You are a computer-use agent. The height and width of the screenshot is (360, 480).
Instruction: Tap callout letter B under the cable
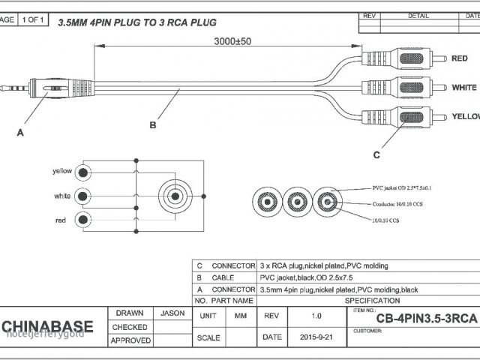pyautogui.click(x=153, y=124)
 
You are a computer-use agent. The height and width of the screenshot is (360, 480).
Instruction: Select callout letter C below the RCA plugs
pyautogui.click(x=376, y=154)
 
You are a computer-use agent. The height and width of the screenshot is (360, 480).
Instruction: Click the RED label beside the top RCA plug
pyautogui.click(x=459, y=58)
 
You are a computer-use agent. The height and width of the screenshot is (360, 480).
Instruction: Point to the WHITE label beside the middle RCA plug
pyautogui.click(x=464, y=88)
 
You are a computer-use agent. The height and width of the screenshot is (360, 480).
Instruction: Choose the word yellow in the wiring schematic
pyautogui.click(x=62, y=171)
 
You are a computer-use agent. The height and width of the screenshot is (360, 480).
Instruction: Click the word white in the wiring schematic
pyautogui.click(x=63, y=196)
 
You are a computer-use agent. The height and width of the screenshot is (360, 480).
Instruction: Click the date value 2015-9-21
pyautogui.click(x=316, y=337)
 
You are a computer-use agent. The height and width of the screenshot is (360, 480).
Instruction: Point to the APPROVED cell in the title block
pyautogui.click(x=130, y=340)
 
